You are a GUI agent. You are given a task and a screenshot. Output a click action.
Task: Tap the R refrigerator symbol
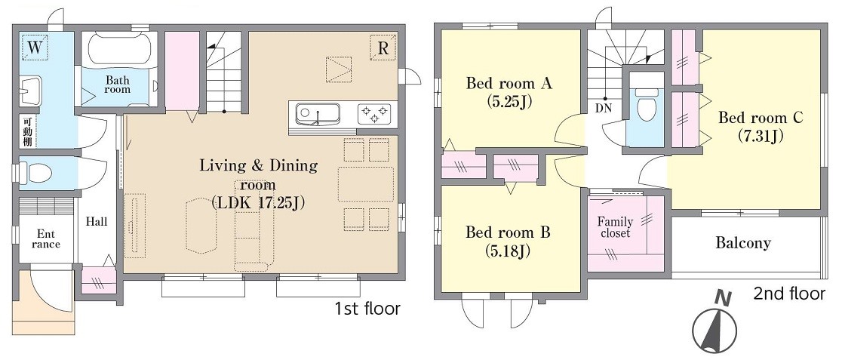tap(383, 48)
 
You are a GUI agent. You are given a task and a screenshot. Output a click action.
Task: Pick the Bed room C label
tap(761, 126)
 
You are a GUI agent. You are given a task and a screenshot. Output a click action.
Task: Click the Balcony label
tap(742, 243)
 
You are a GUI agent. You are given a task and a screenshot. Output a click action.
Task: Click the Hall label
tap(97, 221)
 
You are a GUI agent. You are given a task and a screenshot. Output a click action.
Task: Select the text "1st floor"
tap(367, 309)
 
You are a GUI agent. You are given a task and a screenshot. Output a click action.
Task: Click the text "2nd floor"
tap(789, 294)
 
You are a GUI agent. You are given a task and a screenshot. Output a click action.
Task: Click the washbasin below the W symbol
tap(31, 91)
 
